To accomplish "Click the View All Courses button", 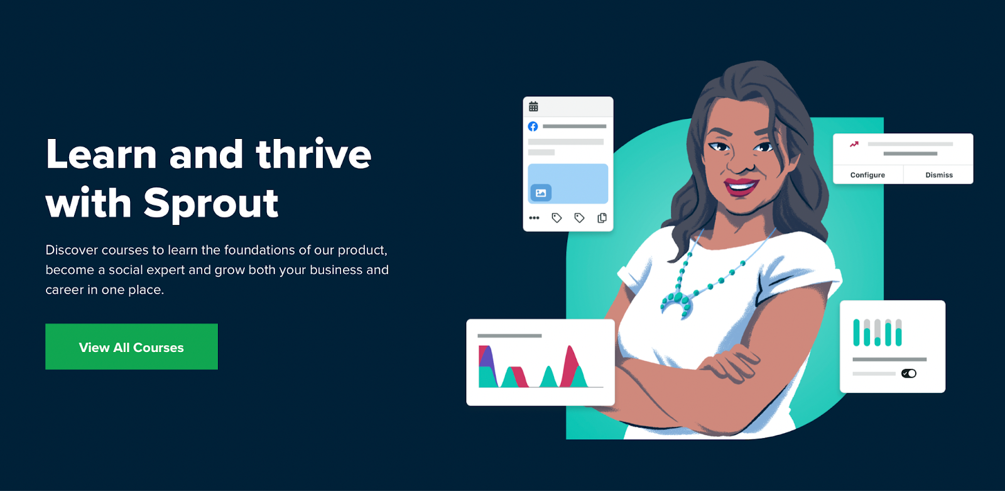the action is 131,347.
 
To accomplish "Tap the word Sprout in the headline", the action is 211,205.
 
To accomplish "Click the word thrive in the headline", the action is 313,154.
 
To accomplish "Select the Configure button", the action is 867,175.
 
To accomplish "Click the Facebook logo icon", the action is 533,127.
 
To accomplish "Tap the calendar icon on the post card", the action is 533,106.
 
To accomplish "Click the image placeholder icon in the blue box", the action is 541,193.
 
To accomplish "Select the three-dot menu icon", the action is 534,218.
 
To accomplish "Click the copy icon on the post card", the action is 602,218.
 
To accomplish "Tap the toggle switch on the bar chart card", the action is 908,373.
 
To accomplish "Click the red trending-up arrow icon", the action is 854,144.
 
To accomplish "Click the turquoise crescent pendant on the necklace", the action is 676,306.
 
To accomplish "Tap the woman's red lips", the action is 741,187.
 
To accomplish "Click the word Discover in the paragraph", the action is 72,250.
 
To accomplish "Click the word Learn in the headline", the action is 101,154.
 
